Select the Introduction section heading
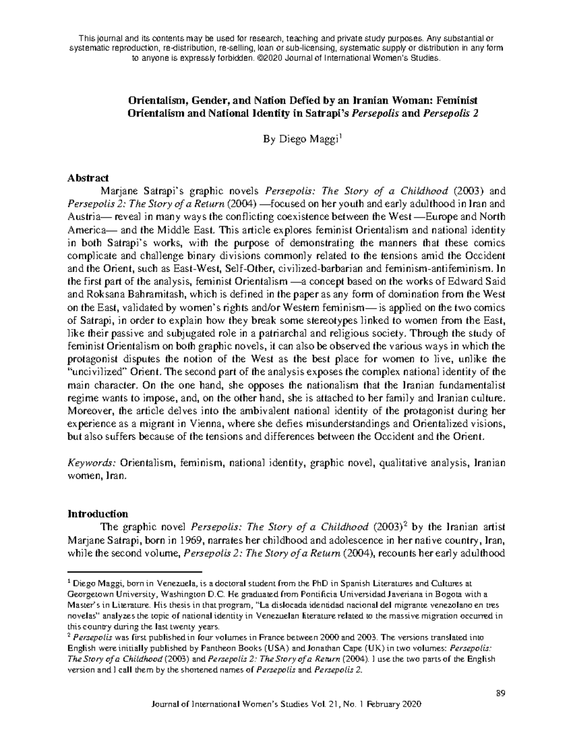[x=98, y=514]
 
